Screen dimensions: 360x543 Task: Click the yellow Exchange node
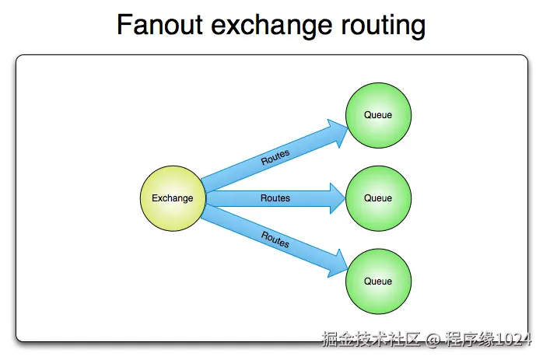tap(172, 198)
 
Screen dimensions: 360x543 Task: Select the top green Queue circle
tap(378, 115)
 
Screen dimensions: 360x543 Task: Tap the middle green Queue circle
tap(378, 198)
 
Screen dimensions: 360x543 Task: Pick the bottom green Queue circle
tap(378, 281)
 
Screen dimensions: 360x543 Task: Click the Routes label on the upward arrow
tap(275, 157)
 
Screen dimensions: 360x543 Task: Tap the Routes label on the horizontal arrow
tap(275, 198)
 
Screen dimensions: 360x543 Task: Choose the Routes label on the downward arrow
tap(275, 239)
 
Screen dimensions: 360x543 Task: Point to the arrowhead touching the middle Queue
tap(337, 198)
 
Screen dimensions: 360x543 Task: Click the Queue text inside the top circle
tap(378, 115)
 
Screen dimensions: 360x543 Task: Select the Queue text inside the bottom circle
tap(378, 281)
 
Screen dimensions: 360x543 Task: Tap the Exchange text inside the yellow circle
tap(172, 198)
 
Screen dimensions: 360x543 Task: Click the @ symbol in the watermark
tap(433, 340)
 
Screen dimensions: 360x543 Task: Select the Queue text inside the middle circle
tap(378, 198)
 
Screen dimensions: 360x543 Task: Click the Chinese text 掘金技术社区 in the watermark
tap(371, 340)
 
